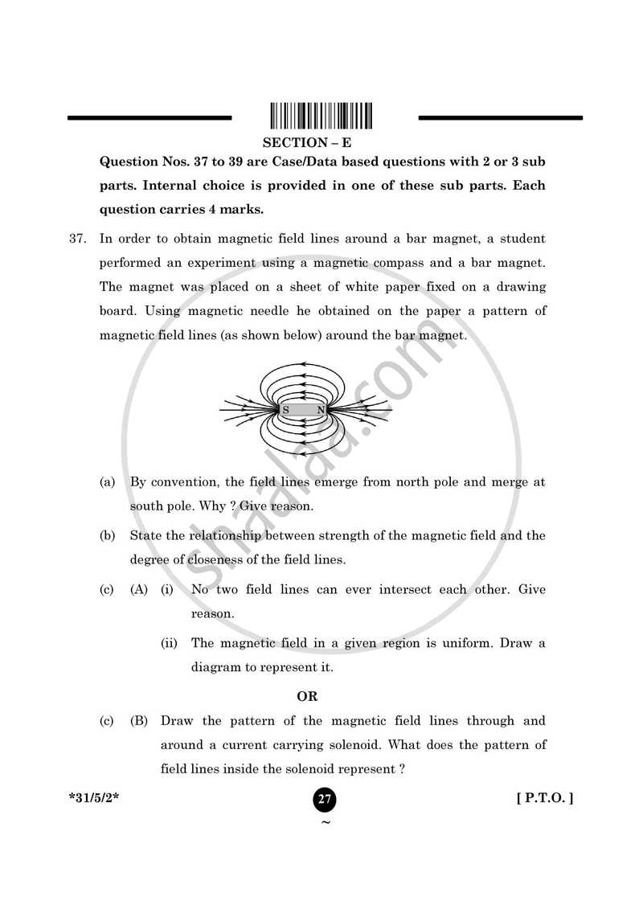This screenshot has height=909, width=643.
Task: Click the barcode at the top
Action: click(x=321, y=117)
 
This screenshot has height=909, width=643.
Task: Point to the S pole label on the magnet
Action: click(x=285, y=410)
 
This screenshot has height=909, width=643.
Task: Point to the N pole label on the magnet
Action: click(x=320, y=410)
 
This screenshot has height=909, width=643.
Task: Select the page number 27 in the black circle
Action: click(x=325, y=800)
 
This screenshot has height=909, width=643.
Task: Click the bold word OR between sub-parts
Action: click(x=308, y=696)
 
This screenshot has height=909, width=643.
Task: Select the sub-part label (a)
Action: click(x=107, y=483)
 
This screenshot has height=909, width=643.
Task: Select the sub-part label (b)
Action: click(x=107, y=536)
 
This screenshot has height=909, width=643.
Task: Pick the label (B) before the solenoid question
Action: click(x=139, y=722)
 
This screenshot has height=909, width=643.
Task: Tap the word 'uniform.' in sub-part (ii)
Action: click(x=451, y=643)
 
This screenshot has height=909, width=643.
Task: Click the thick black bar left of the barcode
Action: click(x=149, y=118)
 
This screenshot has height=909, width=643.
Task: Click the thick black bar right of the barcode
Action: click(x=500, y=118)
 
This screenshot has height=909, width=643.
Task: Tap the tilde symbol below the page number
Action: click(x=325, y=822)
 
